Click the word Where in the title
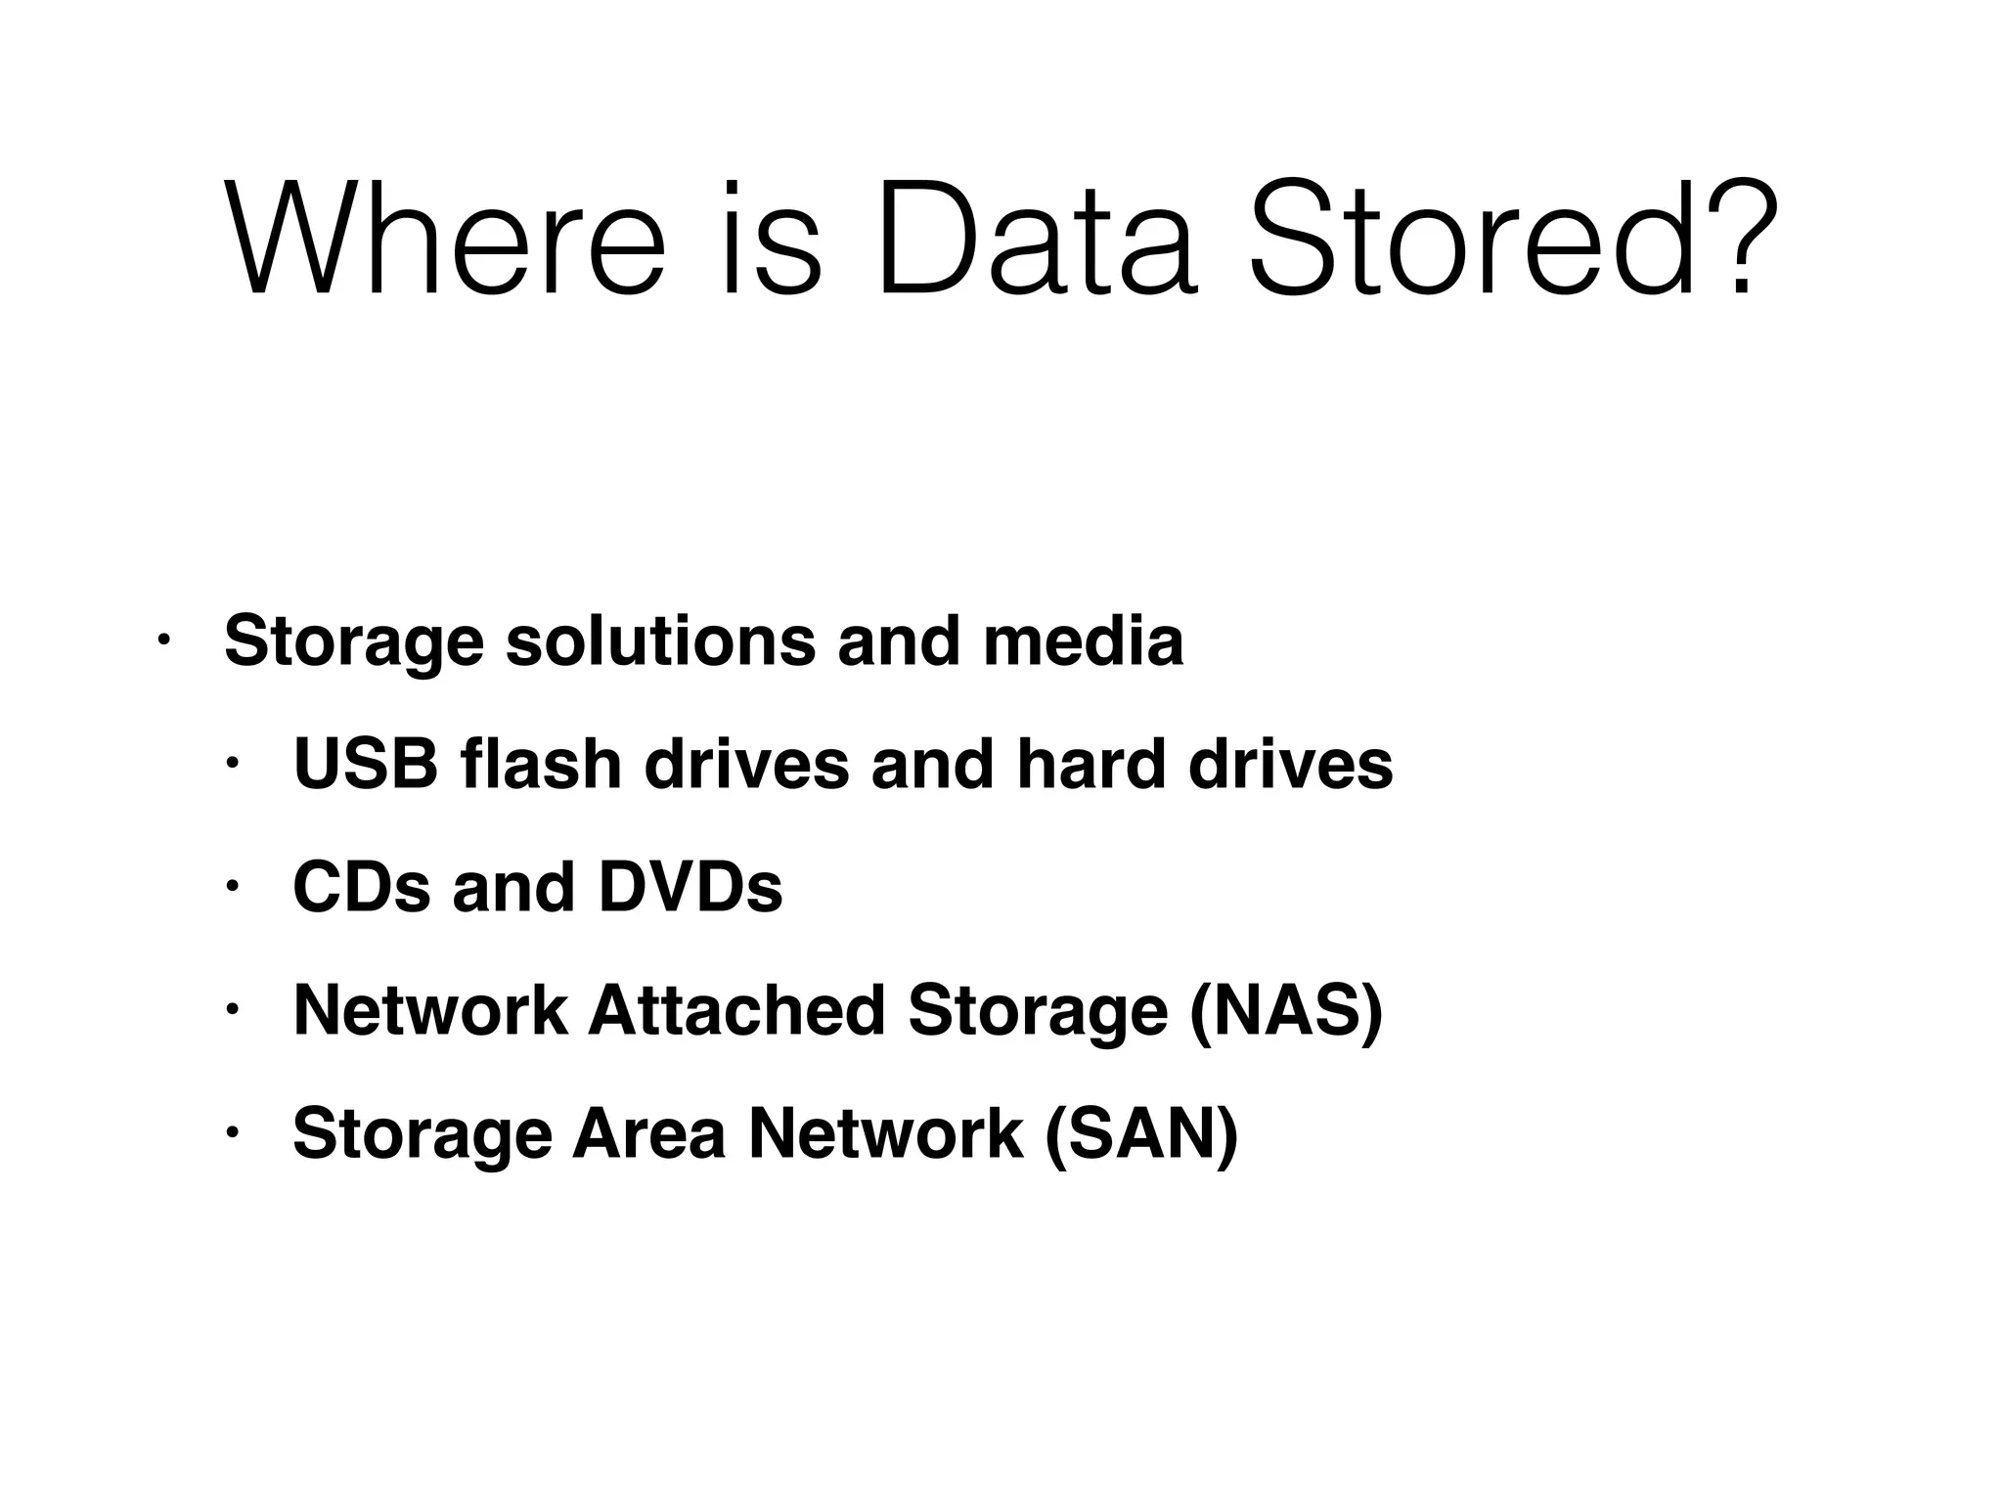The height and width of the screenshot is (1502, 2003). click(445, 238)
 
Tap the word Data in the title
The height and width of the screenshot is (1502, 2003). click(1037, 238)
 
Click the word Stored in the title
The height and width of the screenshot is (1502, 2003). click(1472, 238)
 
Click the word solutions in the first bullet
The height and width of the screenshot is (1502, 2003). click(660, 641)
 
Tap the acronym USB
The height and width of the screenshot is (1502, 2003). click(365, 764)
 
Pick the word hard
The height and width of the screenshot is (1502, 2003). click(1091, 764)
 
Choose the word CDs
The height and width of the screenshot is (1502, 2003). click(361, 888)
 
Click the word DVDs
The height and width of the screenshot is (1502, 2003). click(690, 888)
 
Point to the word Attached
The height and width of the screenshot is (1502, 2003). click(736, 1010)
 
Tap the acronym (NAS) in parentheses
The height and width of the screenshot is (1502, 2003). click(1285, 1010)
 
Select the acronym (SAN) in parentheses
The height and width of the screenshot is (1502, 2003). click(1141, 1133)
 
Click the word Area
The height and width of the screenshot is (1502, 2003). click(648, 1133)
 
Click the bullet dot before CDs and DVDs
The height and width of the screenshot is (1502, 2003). click(232, 887)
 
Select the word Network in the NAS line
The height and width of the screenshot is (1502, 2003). click(430, 1010)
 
